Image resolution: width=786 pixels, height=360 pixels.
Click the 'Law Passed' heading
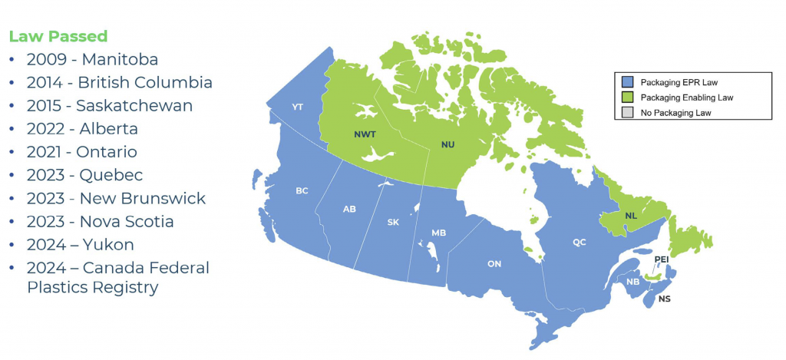[58, 36]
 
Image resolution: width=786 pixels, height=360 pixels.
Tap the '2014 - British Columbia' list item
[119, 82]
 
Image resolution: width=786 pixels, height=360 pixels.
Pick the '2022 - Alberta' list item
[82, 128]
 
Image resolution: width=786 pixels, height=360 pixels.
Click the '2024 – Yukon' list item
[80, 244]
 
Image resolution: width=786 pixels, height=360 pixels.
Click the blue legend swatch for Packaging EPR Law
[626, 81]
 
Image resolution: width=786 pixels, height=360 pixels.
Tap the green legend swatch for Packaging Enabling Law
[626, 97]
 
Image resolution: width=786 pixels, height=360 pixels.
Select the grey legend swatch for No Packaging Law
[626, 113]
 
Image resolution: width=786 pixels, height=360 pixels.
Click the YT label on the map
[299, 107]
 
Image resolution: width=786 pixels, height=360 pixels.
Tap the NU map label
[447, 144]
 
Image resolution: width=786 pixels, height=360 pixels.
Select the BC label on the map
[302, 190]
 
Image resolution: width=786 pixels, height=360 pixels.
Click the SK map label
[393, 223]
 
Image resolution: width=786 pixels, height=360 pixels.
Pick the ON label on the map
[494, 264]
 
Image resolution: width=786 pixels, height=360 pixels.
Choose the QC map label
[580, 242]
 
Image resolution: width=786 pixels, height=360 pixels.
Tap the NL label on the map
[630, 216]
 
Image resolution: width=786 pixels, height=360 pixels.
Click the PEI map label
[662, 259]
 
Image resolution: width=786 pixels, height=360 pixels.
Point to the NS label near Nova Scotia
[664, 298]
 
